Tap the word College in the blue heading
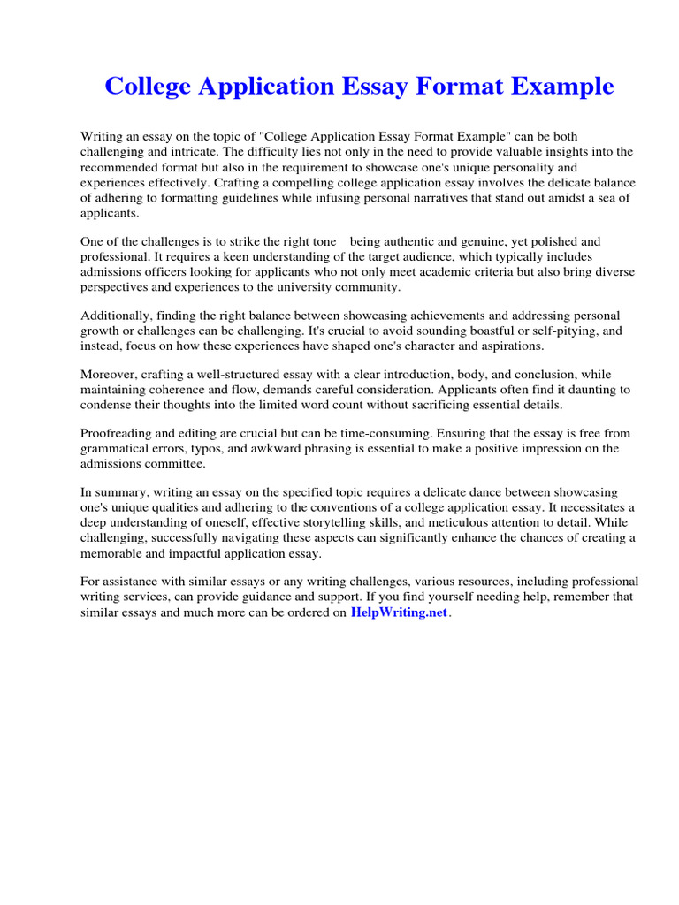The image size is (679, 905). click(146, 87)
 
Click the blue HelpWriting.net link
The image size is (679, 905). click(400, 612)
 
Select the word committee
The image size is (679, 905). click(175, 463)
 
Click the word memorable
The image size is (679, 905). click(113, 553)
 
